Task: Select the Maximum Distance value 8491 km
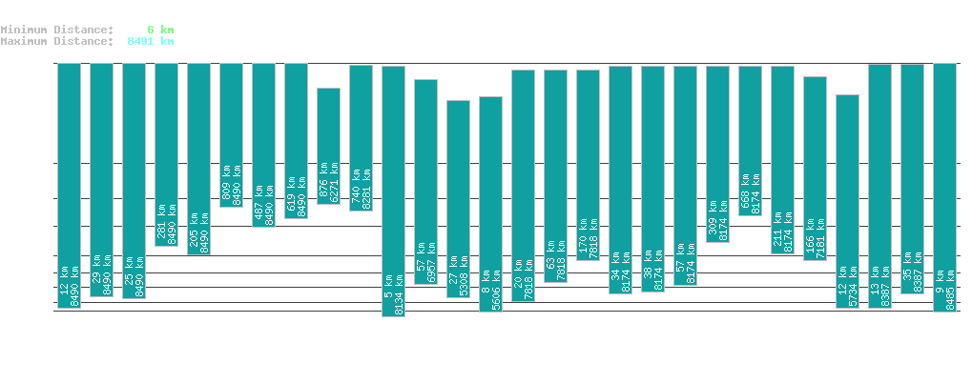click(150, 41)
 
